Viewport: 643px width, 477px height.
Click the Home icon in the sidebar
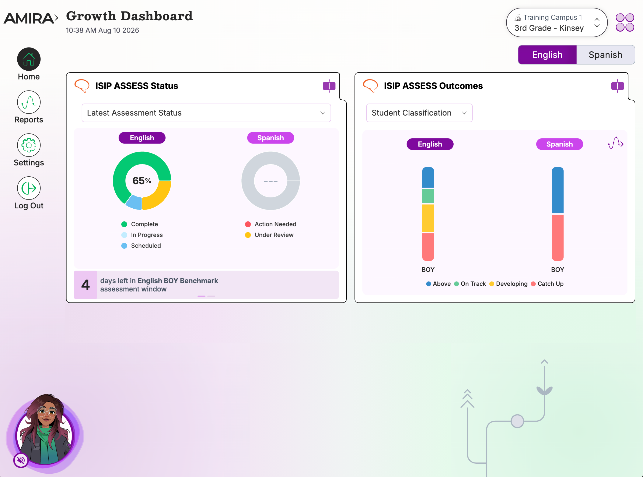coord(29,59)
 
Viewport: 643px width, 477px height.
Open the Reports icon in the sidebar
coord(29,102)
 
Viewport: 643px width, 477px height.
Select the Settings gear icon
coord(29,145)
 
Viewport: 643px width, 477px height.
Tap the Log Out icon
coord(29,188)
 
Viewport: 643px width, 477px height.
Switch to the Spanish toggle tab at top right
coord(605,55)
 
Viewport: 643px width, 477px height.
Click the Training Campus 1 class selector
coord(557,22)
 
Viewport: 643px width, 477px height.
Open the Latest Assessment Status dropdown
coord(206,113)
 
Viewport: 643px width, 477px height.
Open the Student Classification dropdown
coord(419,113)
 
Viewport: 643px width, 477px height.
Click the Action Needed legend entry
coord(271,224)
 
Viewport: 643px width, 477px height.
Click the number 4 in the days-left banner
coord(85,285)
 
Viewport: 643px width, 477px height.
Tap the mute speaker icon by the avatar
coord(21,460)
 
